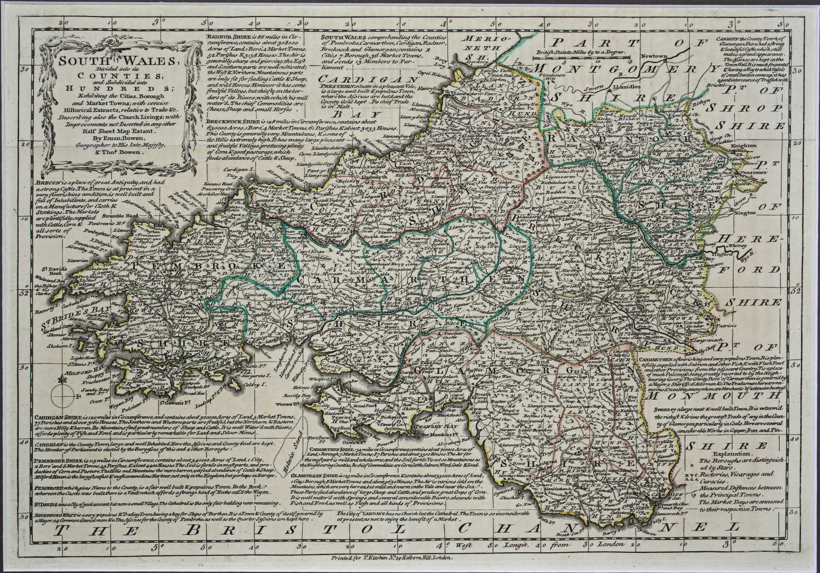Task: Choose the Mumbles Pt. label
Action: [439, 436]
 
